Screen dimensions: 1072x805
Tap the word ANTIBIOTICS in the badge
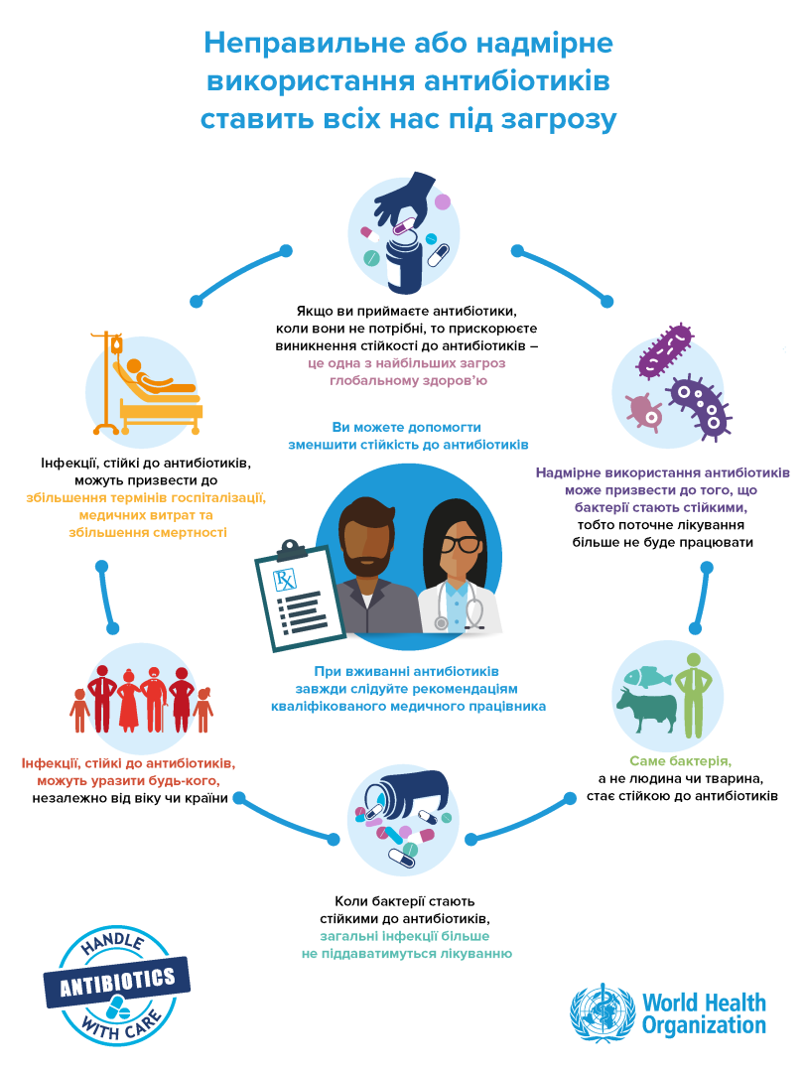(118, 981)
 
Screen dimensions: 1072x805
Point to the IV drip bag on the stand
(117, 346)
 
